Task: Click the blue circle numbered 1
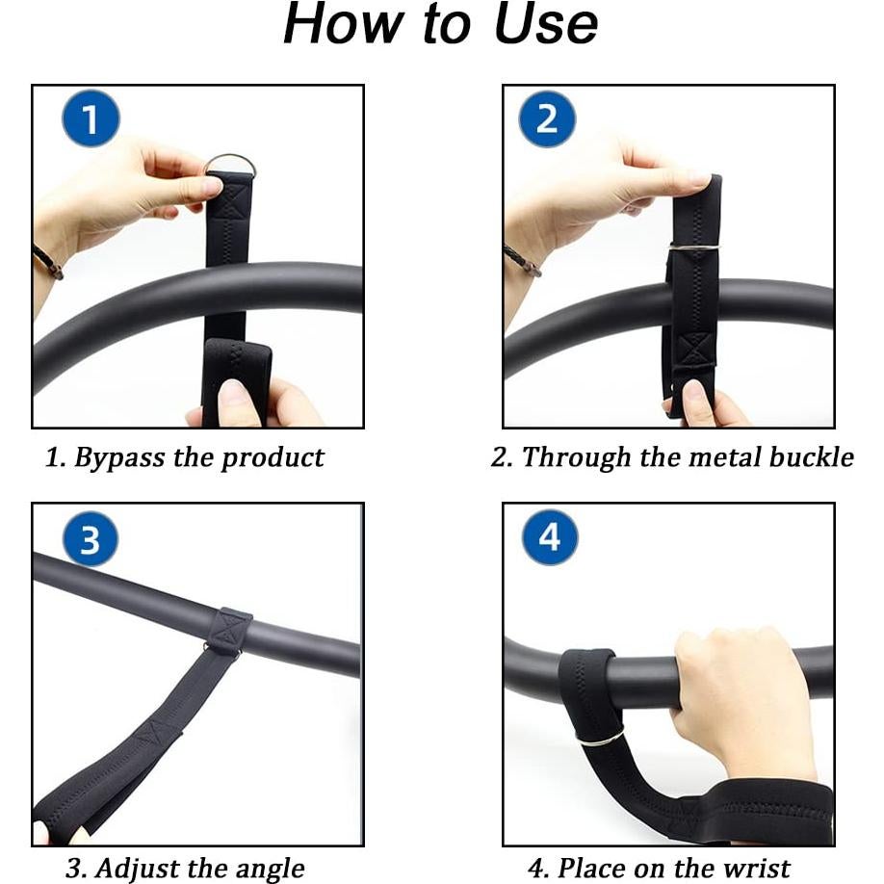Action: [91, 119]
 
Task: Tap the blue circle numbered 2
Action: [547, 119]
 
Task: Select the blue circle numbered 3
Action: [91, 539]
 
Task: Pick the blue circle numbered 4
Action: [550, 537]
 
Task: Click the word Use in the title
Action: [546, 25]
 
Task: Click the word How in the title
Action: [344, 25]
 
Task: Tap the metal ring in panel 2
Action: [694, 247]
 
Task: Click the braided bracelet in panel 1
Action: [48, 262]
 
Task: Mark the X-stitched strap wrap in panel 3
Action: [228, 631]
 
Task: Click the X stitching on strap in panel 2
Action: [694, 349]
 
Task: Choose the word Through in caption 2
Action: [576, 457]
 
